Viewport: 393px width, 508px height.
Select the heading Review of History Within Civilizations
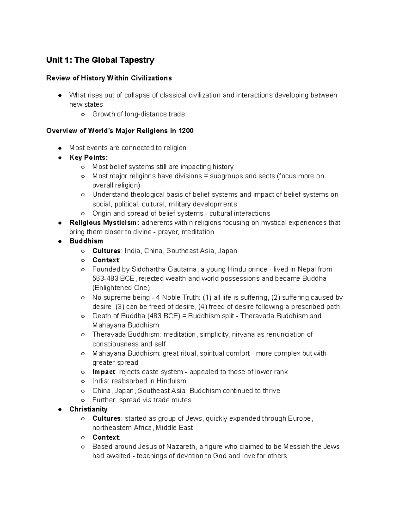[109, 78]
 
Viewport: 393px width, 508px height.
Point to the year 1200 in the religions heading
[186, 131]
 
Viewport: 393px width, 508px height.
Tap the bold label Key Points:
[88, 157]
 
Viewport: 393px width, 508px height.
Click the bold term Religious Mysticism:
[104, 223]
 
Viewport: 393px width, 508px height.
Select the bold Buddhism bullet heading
[86, 241]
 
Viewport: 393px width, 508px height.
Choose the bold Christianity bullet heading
[88, 409]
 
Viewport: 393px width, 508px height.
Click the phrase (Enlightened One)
[121, 288]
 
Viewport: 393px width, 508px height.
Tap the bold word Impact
[103, 372]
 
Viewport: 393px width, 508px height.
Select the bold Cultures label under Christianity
[106, 419]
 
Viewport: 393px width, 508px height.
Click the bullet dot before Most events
[60, 148]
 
